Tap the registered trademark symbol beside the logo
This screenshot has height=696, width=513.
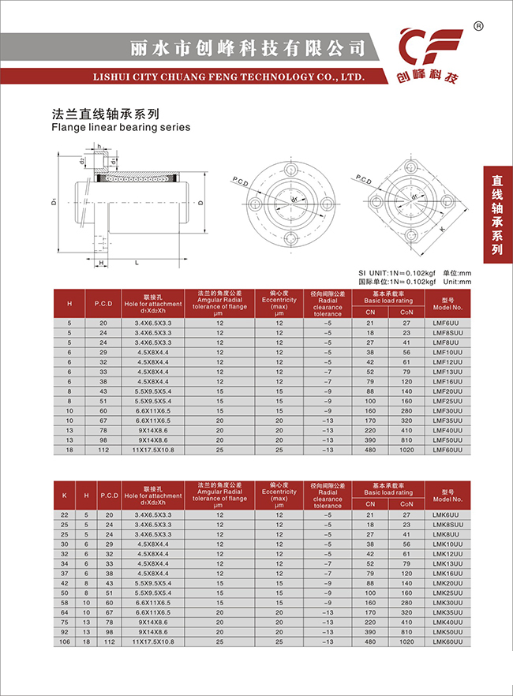pyautogui.click(x=478, y=26)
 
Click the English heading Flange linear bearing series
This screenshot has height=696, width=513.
pyautogui.click(x=121, y=127)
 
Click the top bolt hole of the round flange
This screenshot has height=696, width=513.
pyautogui.click(x=288, y=168)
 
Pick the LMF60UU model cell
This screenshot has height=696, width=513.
pyautogui.click(x=447, y=449)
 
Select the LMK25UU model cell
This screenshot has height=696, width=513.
pyautogui.click(x=447, y=593)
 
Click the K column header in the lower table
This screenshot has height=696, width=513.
pyautogui.click(x=65, y=495)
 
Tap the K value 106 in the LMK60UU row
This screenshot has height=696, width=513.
pyautogui.click(x=65, y=641)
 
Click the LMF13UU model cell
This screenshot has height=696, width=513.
pyautogui.click(x=447, y=372)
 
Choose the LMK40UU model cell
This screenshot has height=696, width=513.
pyautogui.click(x=447, y=621)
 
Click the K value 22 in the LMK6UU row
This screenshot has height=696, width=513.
pyautogui.click(x=65, y=515)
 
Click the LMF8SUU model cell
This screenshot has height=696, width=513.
pyautogui.click(x=447, y=333)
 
